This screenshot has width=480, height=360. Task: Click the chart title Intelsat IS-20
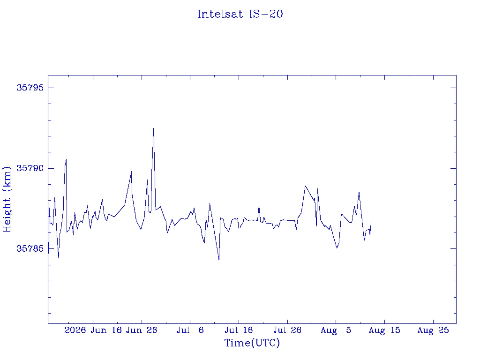(x=240, y=14)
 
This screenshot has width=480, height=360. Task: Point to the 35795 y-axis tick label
(x=30, y=88)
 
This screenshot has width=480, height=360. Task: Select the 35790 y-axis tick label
(x=30, y=168)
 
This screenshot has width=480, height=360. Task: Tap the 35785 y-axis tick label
(x=30, y=248)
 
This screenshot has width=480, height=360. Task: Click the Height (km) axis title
(x=7, y=199)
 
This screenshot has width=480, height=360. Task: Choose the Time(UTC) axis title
(x=252, y=343)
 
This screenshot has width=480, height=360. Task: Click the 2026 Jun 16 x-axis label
(x=93, y=330)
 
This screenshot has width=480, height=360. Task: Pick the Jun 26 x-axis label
(x=142, y=330)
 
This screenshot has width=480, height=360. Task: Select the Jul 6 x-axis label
(x=190, y=330)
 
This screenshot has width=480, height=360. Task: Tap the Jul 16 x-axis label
(x=239, y=330)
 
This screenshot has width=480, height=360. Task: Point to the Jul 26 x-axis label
(x=287, y=330)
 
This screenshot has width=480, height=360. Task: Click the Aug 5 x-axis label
(x=336, y=330)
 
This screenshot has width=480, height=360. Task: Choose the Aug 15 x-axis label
(x=384, y=330)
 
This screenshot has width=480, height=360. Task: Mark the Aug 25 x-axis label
(x=433, y=330)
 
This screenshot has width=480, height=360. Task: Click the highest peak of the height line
(x=153, y=128)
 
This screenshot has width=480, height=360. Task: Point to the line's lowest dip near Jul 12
(x=219, y=260)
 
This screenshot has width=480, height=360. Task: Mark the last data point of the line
(x=371, y=222)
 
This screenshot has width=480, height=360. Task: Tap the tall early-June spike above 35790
(x=66, y=159)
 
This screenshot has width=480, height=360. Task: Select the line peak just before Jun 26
(x=131, y=172)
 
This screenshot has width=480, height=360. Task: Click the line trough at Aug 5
(x=337, y=248)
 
